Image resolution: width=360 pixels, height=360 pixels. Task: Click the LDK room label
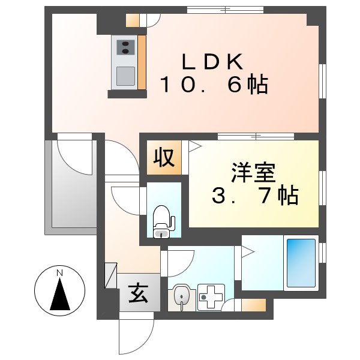point(213,62)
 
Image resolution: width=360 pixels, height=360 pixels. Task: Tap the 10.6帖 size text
point(213,85)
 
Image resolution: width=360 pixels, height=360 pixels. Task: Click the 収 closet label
point(163,158)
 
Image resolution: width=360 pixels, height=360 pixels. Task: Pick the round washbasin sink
point(182,296)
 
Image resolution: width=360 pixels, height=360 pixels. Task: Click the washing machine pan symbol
point(211,297)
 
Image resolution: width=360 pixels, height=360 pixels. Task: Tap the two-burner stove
point(125,47)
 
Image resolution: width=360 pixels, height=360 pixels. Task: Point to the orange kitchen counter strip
point(142,62)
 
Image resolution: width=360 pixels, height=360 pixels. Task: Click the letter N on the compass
point(59,274)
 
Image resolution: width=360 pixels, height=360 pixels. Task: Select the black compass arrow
point(59,295)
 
